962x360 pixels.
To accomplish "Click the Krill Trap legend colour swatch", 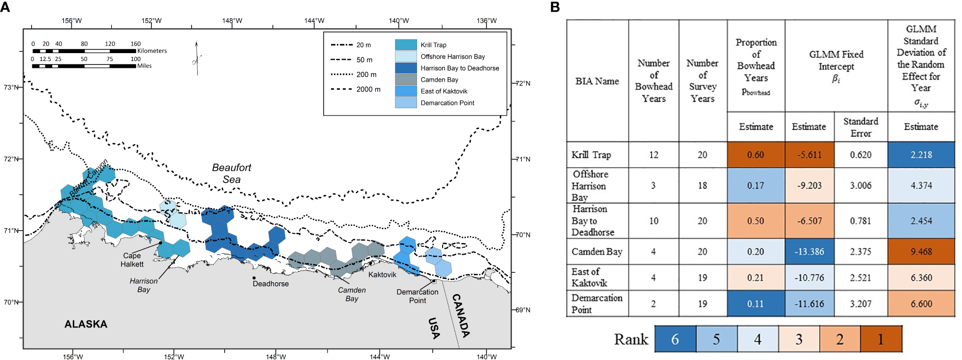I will coord(405,45).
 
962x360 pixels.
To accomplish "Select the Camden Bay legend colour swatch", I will coord(405,79).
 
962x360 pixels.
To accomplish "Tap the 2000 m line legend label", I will coord(368,90).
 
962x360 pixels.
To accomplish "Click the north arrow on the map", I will coord(197,59).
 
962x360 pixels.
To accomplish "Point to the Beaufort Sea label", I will coord(231,173).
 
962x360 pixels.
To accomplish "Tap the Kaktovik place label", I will coord(382,274).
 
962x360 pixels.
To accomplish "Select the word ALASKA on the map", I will coord(86,324).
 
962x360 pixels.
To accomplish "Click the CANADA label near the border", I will coord(461,315).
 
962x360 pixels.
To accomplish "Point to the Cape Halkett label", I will coord(132,260).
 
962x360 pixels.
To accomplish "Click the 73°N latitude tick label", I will coord(11,87).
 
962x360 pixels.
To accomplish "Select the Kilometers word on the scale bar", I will coord(152,51).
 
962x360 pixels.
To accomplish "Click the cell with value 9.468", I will coord(921,252).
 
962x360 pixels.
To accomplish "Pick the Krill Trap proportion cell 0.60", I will coord(755,155).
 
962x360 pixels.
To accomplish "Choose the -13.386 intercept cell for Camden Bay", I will coord(809,252).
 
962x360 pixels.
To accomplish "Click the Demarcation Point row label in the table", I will coord(597,303).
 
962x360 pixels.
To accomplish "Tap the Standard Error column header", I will coord(860,127).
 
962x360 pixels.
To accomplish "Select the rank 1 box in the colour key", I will coord(880,339).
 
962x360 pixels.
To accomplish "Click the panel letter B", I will coord(554,7).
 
